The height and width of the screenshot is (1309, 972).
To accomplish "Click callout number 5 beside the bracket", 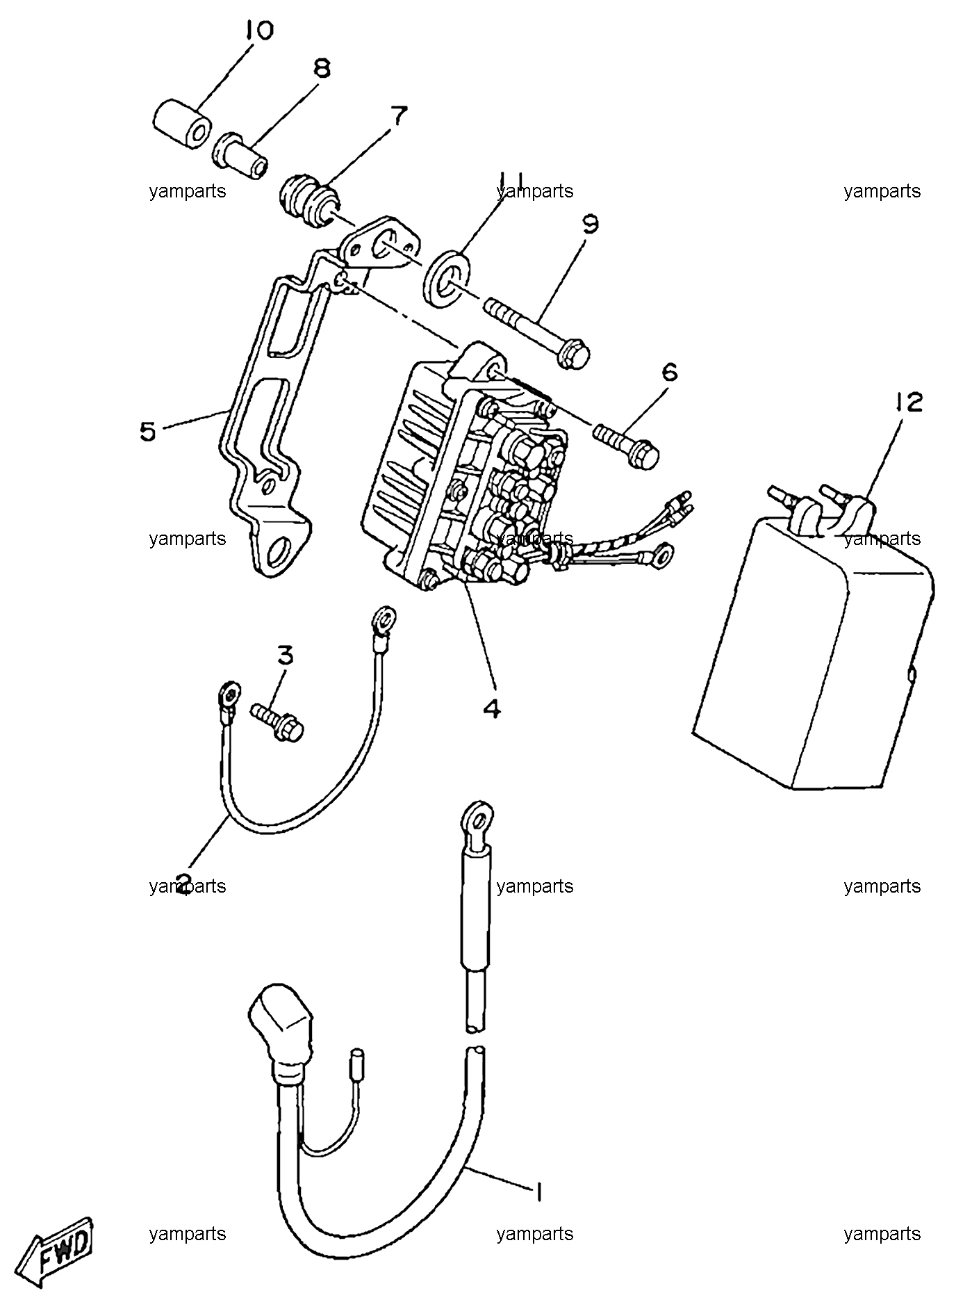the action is pyautogui.click(x=148, y=432).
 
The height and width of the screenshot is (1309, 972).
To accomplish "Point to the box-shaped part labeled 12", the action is pyautogui.click(x=814, y=640).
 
